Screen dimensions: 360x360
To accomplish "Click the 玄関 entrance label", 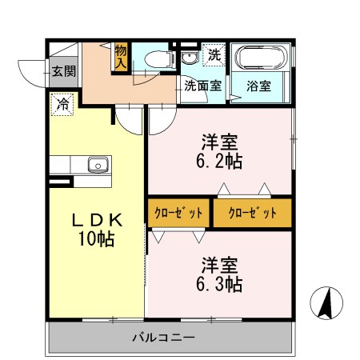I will click(x=64, y=70).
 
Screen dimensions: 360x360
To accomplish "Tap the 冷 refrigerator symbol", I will click(x=62, y=103).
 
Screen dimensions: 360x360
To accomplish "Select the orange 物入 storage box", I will click(x=121, y=56).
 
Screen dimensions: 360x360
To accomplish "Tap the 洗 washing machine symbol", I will click(x=214, y=54).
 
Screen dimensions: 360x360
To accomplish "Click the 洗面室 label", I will click(x=204, y=84).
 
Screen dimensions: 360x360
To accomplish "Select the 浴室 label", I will click(x=258, y=84).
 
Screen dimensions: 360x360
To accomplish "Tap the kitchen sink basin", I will click(x=97, y=166).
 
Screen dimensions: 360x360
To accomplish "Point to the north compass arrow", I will click(x=326, y=302).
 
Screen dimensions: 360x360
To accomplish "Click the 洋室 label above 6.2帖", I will click(x=219, y=142).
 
